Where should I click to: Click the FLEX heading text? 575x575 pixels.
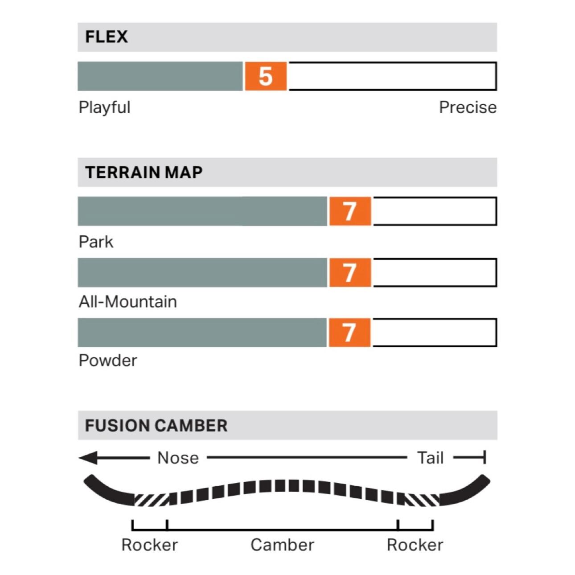(106, 37)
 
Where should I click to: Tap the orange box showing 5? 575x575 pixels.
(266, 76)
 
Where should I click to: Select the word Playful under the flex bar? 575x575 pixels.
(104, 107)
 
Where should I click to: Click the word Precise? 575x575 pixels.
(468, 107)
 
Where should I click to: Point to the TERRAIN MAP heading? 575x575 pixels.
(144, 172)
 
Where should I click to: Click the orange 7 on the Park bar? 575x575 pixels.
(350, 211)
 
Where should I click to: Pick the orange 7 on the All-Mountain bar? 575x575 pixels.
(350, 272)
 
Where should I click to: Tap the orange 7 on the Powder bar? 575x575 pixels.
(349, 333)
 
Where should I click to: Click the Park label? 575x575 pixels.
(96, 242)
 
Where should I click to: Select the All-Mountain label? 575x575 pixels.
(127, 302)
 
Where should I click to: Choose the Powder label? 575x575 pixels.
(107, 361)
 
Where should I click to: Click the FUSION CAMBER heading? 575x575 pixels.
(156, 426)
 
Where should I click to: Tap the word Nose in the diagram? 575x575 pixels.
(178, 458)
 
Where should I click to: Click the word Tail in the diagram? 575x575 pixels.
(430, 458)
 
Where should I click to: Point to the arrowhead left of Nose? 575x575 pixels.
(88, 458)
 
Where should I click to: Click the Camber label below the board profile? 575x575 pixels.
(282, 545)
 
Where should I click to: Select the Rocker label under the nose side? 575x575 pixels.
(149, 545)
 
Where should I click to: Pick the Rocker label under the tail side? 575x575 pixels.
(415, 545)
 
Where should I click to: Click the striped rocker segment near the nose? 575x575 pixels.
(152, 499)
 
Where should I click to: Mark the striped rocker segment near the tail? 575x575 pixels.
(422, 499)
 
